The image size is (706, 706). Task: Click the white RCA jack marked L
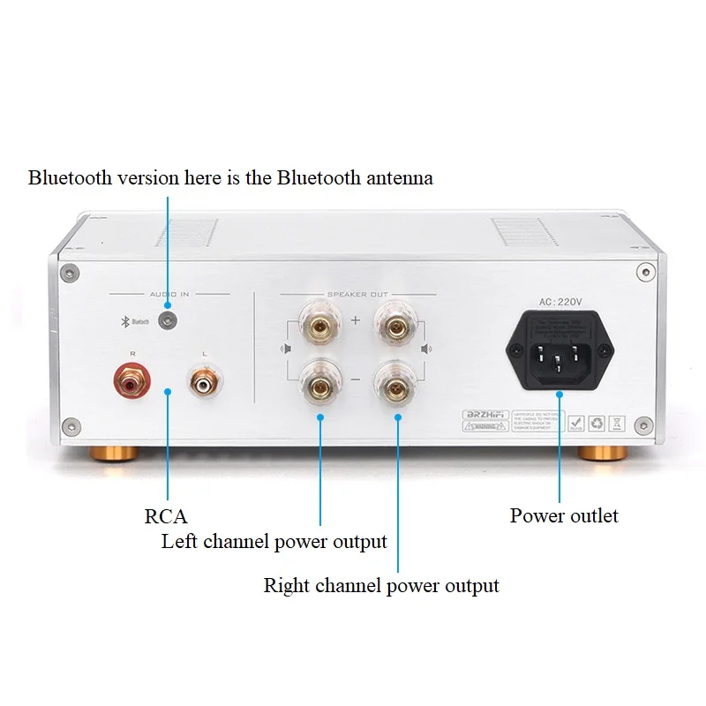click(x=206, y=384)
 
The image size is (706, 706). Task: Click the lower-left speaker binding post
click(x=319, y=384)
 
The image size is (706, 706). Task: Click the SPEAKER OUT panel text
click(x=357, y=294)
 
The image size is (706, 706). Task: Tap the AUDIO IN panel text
click(x=169, y=294)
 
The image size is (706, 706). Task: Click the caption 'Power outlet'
click(x=564, y=515)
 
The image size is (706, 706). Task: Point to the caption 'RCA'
click(x=166, y=516)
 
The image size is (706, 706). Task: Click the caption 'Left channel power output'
click(x=274, y=541)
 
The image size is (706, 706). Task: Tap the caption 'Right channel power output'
click(x=381, y=585)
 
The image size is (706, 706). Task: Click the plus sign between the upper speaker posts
click(x=356, y=319)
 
